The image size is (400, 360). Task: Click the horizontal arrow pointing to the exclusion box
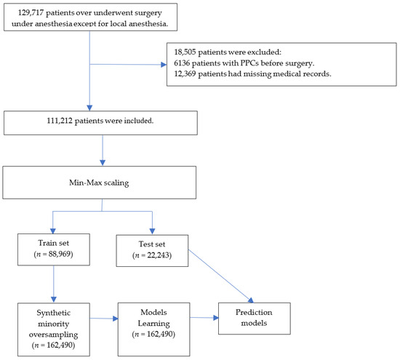[127, 65]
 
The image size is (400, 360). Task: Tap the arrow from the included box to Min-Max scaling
[102, 151]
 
